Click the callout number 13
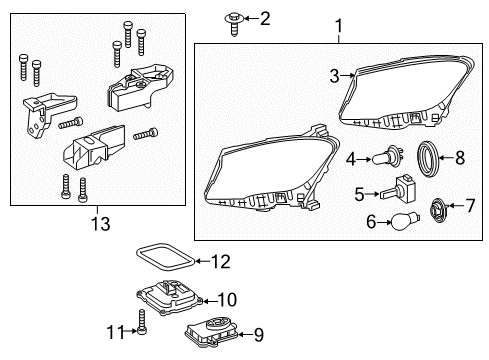pyautogui.click(x=101, y=224)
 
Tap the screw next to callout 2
pyautogui.click(x=235, y=23)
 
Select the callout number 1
pyautogui.click(x=339, y=26)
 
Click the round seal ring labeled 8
pyautogui.click(x=428, y=159)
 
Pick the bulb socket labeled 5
pyautogui.click(x=399, y=190)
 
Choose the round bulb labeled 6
pyautogui.click(x=405, y=221)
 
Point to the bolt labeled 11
pyautogui.click(x=142, y=322)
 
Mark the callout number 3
pyautogui.click(x=334, y=76)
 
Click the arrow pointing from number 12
pyautogui.click(x=202, y=261)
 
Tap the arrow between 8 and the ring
pyautogui.click(x=446, y=158)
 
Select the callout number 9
pyautogui.click(x=259, y=335)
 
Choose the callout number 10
pyautogui.click(x=227, y=300)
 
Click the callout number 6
pyautogui.click(x=371, y=222)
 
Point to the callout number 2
pyautogui.click(x=265, y=19)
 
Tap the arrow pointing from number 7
pyautogui.click(x=456, y=206)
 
